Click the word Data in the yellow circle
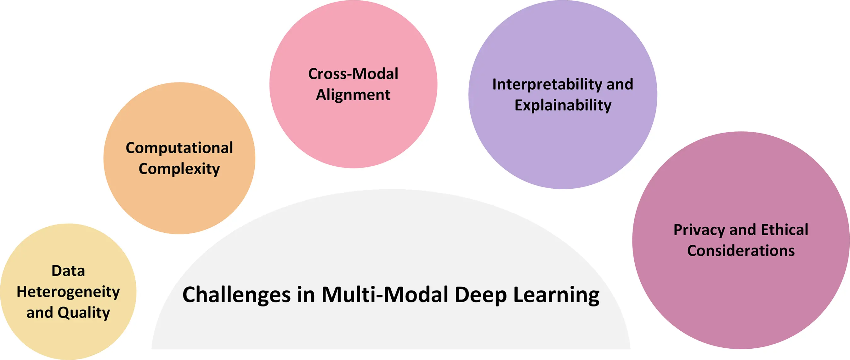(68, 271)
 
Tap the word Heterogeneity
(68, 292)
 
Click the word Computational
(179, 148)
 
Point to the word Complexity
(179, 169)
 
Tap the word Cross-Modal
(353, 74)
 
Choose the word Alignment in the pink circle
(353, 95)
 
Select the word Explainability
(563, 106)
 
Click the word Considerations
(741, 251)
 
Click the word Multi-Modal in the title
(385, 295)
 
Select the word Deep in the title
(481, 295)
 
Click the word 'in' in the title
(306, 295)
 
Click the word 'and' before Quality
(40, 313)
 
